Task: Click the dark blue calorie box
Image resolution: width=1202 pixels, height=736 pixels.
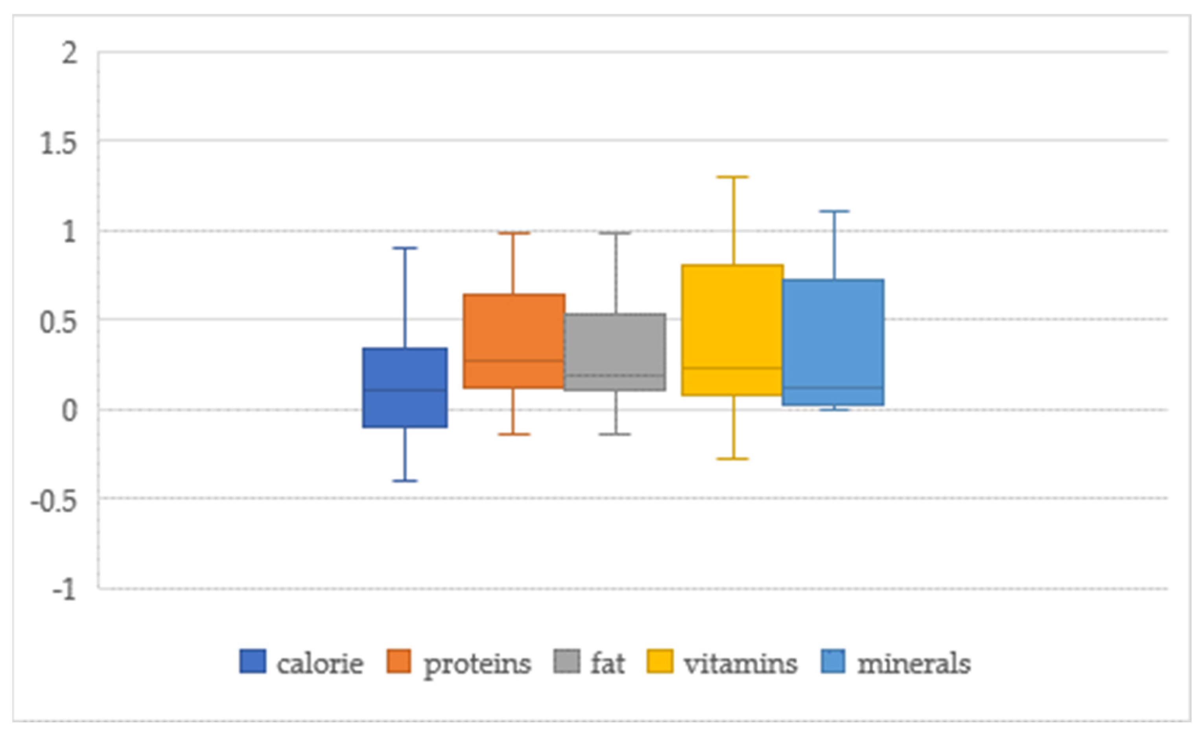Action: tap(404, 388)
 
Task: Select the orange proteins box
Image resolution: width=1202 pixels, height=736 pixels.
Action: tap(514, 341)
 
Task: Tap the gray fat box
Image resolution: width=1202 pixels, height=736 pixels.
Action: tap(615, 352)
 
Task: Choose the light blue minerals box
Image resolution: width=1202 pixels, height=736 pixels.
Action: tap(833, 342)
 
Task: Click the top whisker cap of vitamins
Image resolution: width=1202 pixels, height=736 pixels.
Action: tap(732, 177)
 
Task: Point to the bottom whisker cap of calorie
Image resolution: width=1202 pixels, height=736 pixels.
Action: tap(404, 481)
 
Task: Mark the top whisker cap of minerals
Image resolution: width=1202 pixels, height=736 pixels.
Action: tap(834, 211)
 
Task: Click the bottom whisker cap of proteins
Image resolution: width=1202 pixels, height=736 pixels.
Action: tap(514, 434)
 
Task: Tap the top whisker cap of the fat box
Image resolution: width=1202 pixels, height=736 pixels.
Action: tap(615, 233)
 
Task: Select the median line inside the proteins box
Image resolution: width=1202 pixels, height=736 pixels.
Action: tap(514, 361)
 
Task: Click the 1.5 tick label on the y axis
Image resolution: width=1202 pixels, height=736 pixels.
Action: tap(59, 144)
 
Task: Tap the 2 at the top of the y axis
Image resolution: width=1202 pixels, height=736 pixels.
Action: tap(69, 53)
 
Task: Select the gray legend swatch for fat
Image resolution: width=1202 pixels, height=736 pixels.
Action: tap(567, 662)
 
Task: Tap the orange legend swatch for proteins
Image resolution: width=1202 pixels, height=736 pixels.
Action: tap(398, 662)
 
